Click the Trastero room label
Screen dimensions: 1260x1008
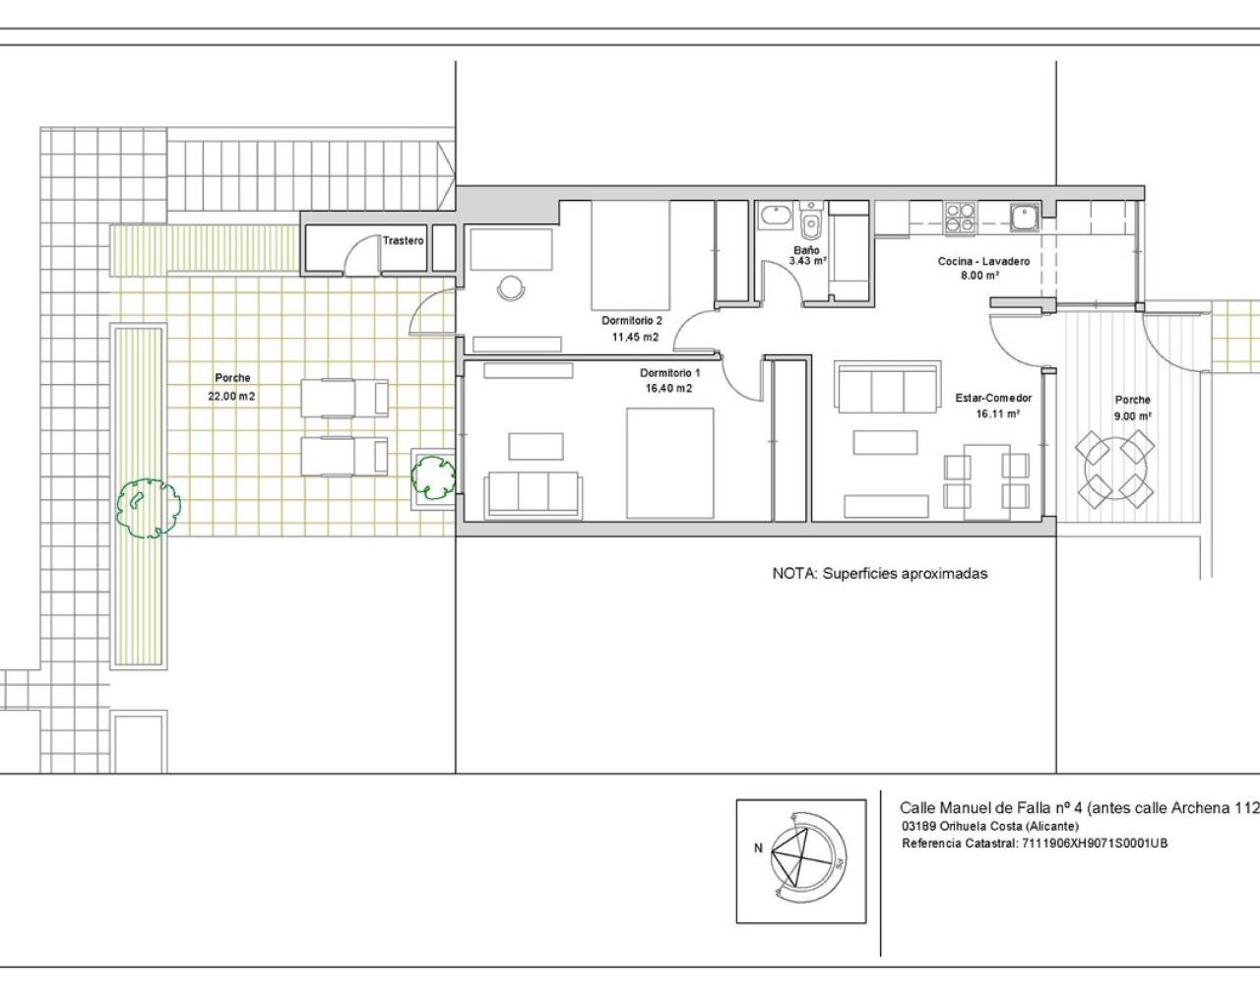(403, 240)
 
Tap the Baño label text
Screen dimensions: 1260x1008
(806, 250)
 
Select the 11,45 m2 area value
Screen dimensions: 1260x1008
(635, 337)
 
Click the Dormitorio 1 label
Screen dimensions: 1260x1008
(669, 372)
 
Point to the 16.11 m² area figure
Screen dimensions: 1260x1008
(998, 413)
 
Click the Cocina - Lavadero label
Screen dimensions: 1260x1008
(983, 261)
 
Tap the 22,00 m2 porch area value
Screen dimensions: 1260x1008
(231, 396)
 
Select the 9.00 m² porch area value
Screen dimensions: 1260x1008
(1132, 415)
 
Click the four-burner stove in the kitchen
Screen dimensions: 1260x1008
(960, 218)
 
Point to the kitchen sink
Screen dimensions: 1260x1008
(1025, 217)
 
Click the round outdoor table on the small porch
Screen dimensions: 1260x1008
(1114, 470)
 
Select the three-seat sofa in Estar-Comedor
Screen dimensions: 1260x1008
(889, 387)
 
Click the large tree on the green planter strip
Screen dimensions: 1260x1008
(148, 508)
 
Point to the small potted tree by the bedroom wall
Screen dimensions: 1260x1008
(433, 478)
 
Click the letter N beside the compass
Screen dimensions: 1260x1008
(758, 848)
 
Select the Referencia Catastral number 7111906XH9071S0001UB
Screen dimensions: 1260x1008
(1095, 844)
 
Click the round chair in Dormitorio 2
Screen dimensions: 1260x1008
(511, 288)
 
